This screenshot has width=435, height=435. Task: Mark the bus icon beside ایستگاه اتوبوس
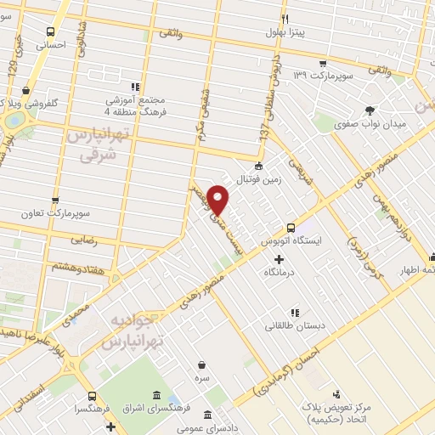[291, 228]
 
